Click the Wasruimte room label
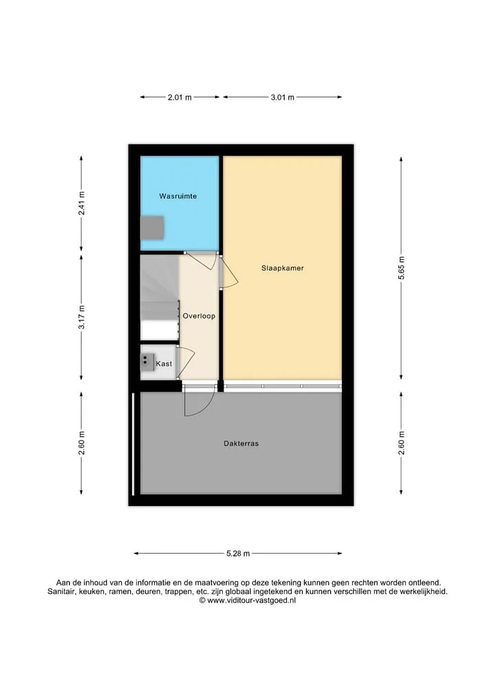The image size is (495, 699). (178, 196)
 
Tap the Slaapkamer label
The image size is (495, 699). (283, 268)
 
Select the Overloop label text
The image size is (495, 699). (199, 316)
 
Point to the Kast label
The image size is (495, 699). (164, 364)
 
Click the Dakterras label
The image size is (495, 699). (241, 443)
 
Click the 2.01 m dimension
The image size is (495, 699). (179, 97)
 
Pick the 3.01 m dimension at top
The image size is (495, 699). (283, 97)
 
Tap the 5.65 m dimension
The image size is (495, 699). (401, 268)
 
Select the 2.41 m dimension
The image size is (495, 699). (81, 203)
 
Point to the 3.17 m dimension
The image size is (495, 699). (81, 318)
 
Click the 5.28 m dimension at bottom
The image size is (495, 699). (238, 554)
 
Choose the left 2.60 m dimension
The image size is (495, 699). (81, 443)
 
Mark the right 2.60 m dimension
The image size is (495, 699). (401, 443)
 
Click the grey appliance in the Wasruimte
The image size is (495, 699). (153, 228)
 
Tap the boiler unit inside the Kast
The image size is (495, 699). (148, 362)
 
